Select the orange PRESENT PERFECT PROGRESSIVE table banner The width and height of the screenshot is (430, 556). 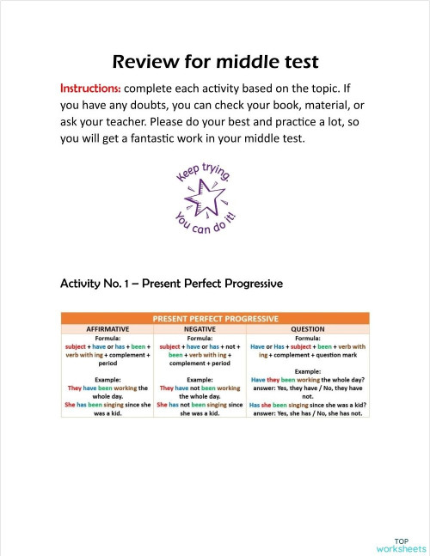215,318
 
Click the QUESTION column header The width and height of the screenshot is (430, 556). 307,328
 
